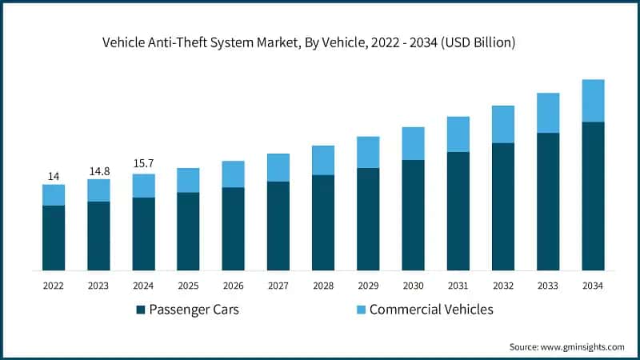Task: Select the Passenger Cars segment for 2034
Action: pyautogui.click(x=593, y=196)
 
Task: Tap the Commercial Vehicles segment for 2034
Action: pyautogui.click(x=593, y=101)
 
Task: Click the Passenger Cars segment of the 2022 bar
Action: pyautogui.click(x=54, y=238)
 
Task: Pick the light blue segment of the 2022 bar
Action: pyautogui.click(x=54, y=195)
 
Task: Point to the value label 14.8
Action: pyautogui.click(x=98, y=170)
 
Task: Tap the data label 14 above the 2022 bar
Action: pyautogui.click(x=54, y=176)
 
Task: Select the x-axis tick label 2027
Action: pyautogui.click(x=278, y=285)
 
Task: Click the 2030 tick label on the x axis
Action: pyautogui.click(x=413, y=285)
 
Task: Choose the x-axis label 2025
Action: pyautogui.click(x=188, y=285)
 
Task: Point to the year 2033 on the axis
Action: pyautogui.click(x=548, y=285)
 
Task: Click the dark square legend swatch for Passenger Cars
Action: pyautogui.click(x=141, y=310)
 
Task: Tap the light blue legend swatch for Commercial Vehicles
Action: pyautogui.click(x=361, y=310)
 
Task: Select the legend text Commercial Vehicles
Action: pyautogui.click(x=431, y=310)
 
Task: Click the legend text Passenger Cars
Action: pyautogui.click(x=194, y=310)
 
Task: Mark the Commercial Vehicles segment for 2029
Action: pyautogui.click(x=368, y=152)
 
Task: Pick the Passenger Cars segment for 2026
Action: pyautogui.click(x=233, y=229)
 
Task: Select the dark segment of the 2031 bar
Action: pyautogui.click(x=458, y=211)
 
